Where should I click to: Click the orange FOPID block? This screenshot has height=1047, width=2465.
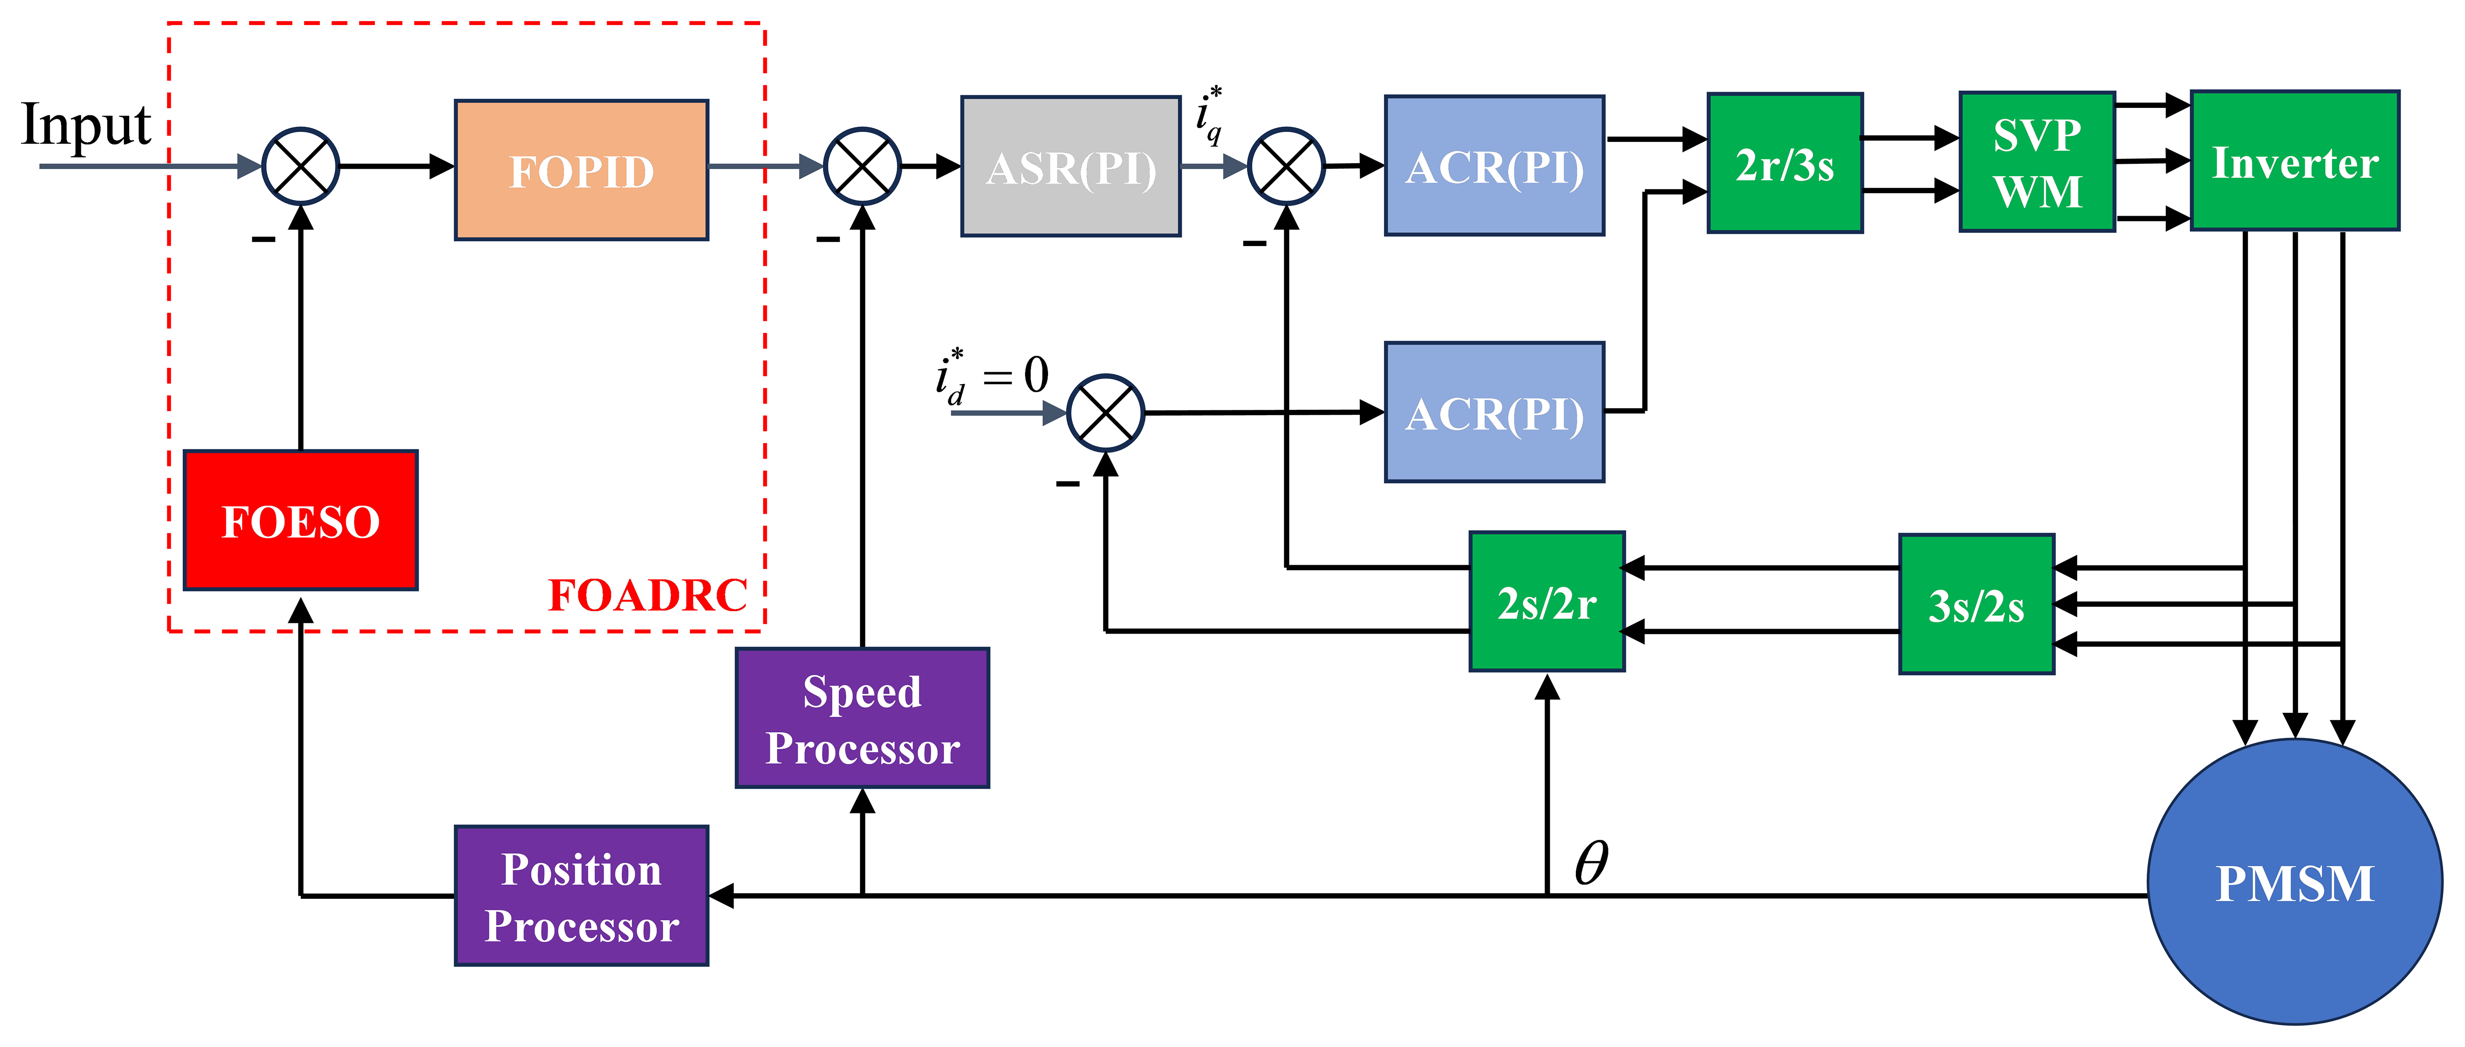pos(581,170)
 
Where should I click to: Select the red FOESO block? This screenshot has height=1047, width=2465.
pos(301,519)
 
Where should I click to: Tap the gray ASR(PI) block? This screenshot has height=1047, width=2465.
pos(1071,166)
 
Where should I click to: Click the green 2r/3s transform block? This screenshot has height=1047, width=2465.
pos(1785,163)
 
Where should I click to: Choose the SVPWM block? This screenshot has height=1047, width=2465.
pos(2037,162)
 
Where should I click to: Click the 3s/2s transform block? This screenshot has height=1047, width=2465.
pos(1976,604)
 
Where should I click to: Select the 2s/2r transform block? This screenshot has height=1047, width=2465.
pos(1546,601)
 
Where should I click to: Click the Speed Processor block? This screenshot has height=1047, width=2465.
pos(862,718)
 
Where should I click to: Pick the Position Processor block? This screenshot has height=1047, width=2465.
pos(581,896)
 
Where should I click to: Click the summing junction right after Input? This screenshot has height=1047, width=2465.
pos(301,166)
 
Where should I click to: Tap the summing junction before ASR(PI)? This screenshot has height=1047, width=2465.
pos(862,166)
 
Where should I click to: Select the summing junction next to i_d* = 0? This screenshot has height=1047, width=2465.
pos(1105,413)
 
